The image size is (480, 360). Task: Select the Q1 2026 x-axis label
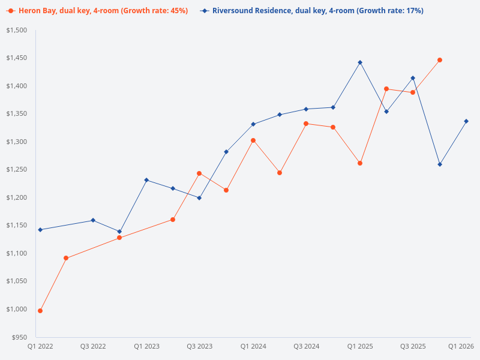click(x=461, y=346)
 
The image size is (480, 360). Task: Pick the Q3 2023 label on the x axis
click(x=200, y=346)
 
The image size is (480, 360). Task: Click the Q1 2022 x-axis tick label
click(x=40, y=346)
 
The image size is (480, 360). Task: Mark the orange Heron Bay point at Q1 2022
click(x=40, y=311)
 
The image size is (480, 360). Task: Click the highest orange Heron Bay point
click(x=440, y=60)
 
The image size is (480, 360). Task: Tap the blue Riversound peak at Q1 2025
click(x=360, y=62)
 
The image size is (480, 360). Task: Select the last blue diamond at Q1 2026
click(x=466, y=121)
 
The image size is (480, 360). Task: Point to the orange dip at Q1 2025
click(x=360, y=163)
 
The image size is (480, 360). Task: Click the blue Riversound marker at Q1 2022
click(x=40, y=230)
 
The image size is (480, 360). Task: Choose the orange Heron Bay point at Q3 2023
click(x=199, y=173)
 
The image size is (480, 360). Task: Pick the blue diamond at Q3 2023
click(x=199, y=198)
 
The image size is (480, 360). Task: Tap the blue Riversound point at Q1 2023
click(x=146, y=180)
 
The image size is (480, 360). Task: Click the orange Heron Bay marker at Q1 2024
click(x=253, y=140)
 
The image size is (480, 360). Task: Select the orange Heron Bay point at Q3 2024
click(x=306, y=124)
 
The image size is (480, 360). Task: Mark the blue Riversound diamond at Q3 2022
click(x=93, y=220)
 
